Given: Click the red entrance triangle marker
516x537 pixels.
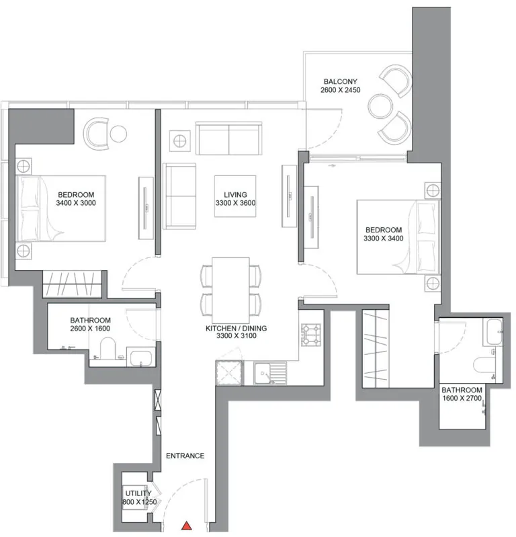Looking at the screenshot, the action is pyautogui.click(x=186, y=526).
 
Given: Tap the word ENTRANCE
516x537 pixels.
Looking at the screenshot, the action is pyautogui.click(x=185, y=456).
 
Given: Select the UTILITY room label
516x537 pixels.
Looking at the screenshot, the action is pyautogui.click(x=138, y=493).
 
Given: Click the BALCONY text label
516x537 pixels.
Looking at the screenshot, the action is pyautogui.click(x=341, y=81).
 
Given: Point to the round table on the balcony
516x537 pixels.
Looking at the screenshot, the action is pyautogui.click(x=380, y=106).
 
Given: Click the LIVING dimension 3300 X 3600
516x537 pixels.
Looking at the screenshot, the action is pyautogui.click(x=236, y=203).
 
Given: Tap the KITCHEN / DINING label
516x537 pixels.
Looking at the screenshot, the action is pyautogui.click(x=236, y=328).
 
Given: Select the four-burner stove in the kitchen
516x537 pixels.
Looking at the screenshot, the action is pyautogui.click(x=311, y=335).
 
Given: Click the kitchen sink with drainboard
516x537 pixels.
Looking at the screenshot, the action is pyautogui.click(x=270, y=373).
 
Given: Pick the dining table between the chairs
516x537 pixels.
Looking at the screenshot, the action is pyautogui.click(x=230, y=290).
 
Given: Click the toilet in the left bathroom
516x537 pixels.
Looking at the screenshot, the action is pyautogui.click(x=108, y=348).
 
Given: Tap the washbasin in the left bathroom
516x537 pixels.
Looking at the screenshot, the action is pyautogui.click(x=140, y=358).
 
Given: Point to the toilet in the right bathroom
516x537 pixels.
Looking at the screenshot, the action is pyautogui.click(x=483, y=365).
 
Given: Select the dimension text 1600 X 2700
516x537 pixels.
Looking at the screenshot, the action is pyautogui.click(x=462, y=398).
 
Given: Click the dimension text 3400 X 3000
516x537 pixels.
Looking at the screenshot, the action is pyautogui.click(x=76, y=203).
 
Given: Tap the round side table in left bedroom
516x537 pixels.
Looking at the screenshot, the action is pyautogui.click(x=118, y=134).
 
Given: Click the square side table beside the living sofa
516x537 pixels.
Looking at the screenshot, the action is pyautogui.click(x=180, y=140).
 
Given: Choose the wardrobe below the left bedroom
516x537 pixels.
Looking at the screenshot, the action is pyautogui.click(x=72, y=284).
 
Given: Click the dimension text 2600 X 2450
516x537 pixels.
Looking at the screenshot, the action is pyautogui.click(x=341, y=90).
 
